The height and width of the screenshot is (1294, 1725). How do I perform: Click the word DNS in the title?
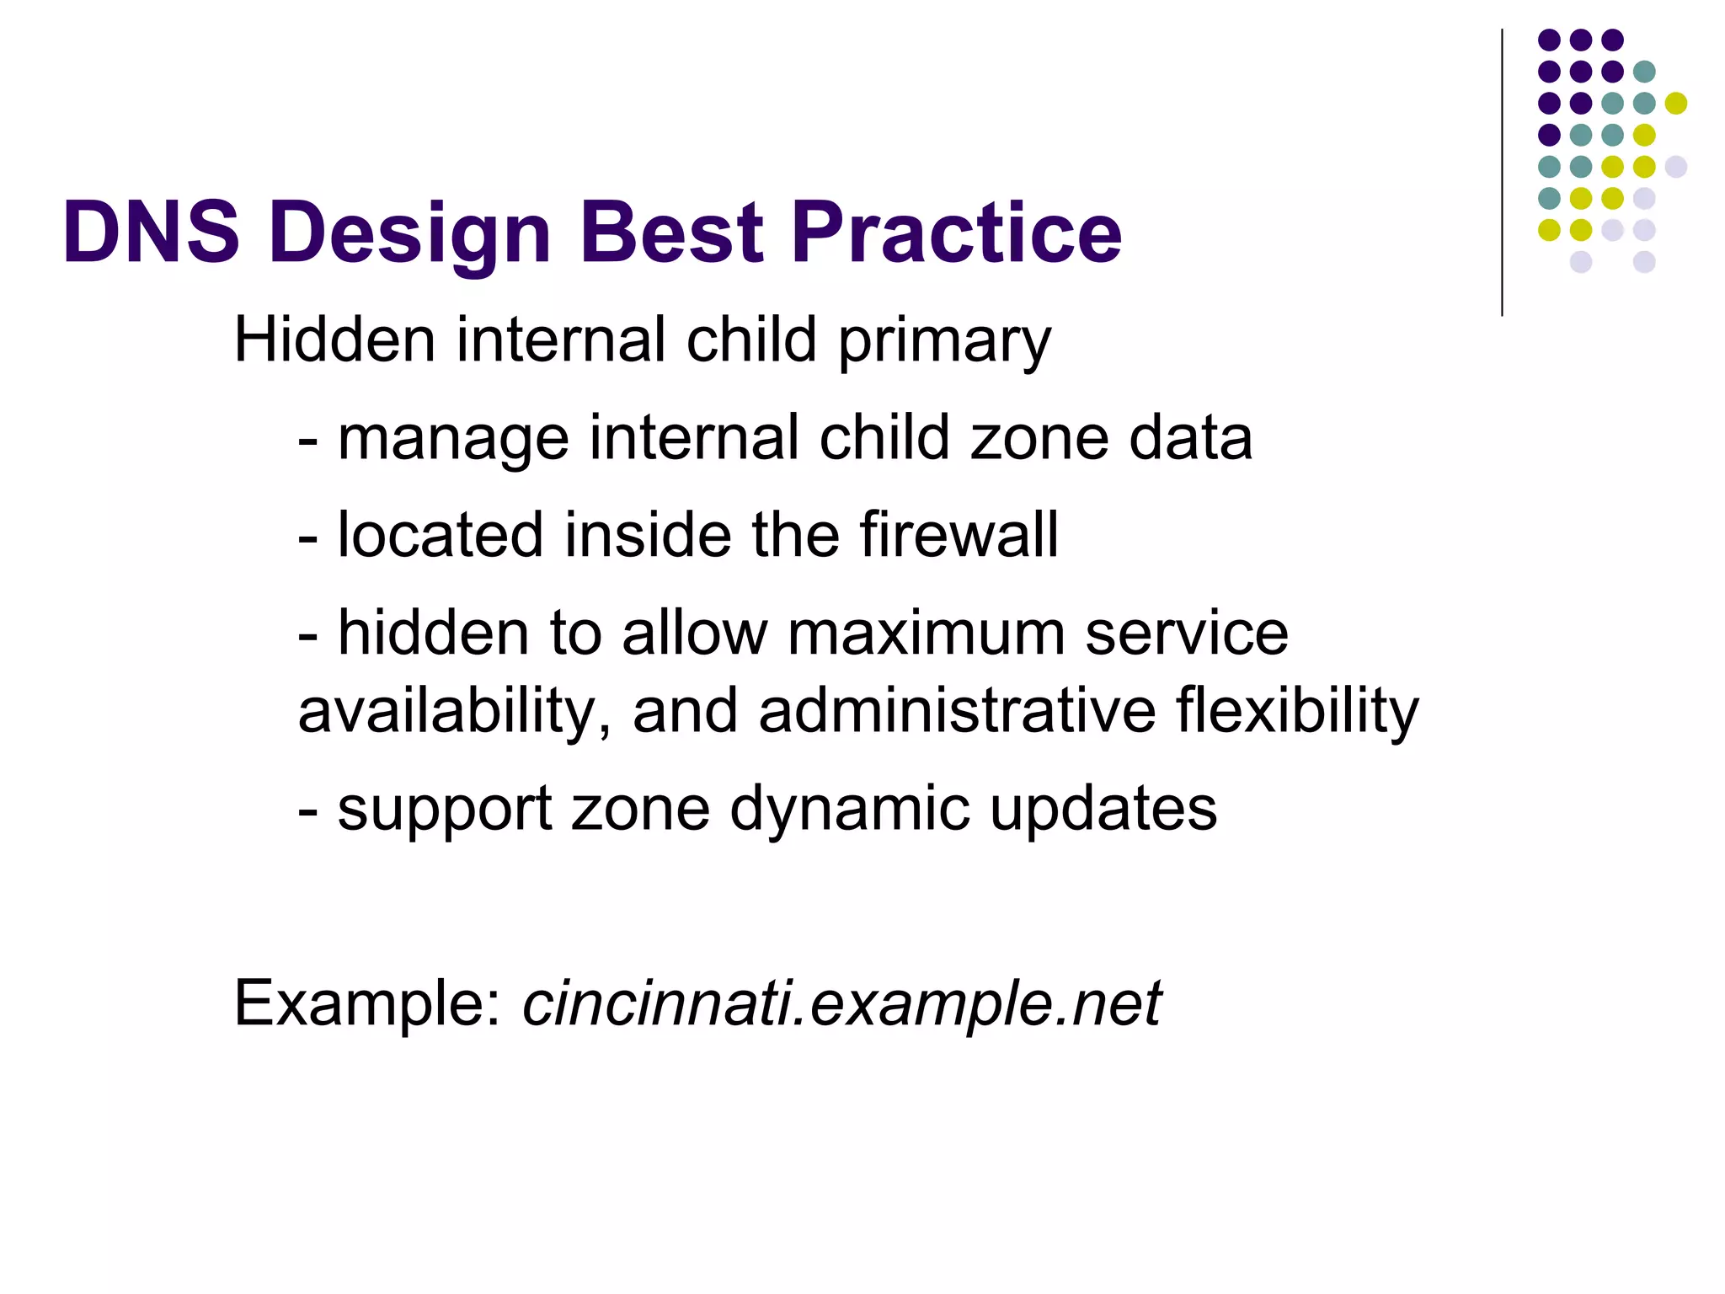point(151,232)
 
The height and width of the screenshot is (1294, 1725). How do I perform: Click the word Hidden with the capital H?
point(334,340)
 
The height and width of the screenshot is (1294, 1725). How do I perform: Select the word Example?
point(367,1004)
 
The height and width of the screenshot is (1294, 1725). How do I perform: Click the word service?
point(1186,633)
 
